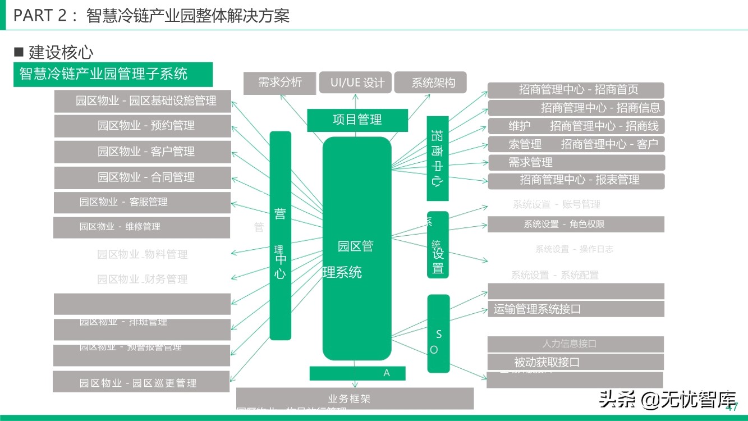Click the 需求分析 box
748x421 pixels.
(x=279, y=83)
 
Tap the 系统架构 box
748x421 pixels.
(x=430, y=83)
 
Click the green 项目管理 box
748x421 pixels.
(x=357, y=120)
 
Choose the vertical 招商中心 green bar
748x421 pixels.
(x=437, y=158)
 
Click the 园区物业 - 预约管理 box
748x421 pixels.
(x=143, y=126)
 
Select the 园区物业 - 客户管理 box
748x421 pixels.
(x=143, y=152)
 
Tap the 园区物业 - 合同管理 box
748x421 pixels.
(x=143, y=177)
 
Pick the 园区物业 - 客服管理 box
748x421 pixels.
(x=142, y=202)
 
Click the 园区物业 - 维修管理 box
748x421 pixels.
(x=142, y=227)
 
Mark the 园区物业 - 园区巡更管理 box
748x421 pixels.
(x=141, y=382)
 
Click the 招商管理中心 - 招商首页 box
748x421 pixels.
(x=576, y=90)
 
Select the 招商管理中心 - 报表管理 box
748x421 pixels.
(x=576, y=180)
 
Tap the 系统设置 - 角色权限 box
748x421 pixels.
(x=576, y=224)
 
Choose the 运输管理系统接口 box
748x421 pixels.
(x=576, y=309)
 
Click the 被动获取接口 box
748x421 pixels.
(x=575, y=362)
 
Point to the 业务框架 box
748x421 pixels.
(x=355, y=399)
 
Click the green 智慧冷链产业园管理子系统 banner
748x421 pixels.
(x=113, y=74)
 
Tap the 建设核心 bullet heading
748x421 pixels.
(x=54, y=53)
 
